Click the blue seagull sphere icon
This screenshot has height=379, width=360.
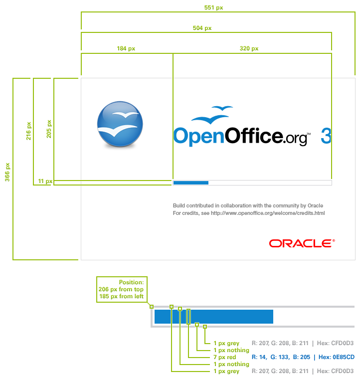tap(119, 124)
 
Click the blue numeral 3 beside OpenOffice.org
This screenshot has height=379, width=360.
tap(326, 136)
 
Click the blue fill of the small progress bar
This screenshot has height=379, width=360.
tap(190, 183)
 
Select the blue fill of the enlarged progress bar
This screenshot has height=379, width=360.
tap(214, 317)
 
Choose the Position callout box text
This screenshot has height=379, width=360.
tap(122, 289)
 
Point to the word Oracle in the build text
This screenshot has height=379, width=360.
tap(315, 205)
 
